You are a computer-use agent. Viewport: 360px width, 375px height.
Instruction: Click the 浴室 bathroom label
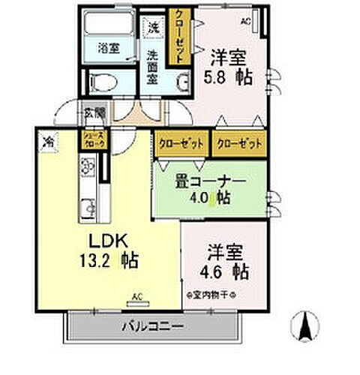click(108, 48)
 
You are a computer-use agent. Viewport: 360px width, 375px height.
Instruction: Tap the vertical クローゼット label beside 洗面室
click(180, 37)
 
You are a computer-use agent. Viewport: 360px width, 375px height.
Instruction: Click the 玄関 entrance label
click(94, 113)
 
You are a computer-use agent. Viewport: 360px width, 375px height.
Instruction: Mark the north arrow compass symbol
click(306, 325)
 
